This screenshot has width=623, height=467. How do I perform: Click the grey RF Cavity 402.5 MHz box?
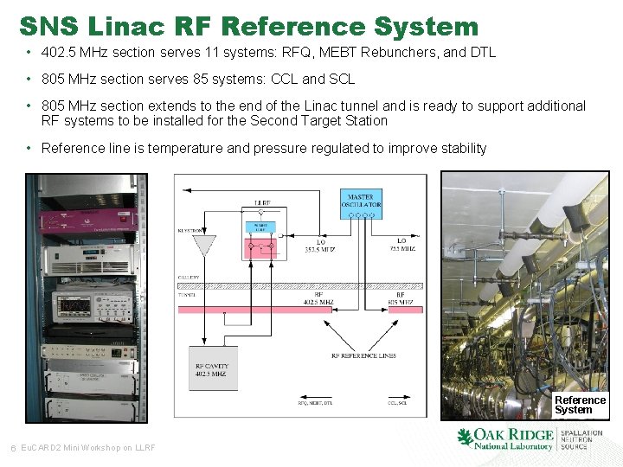213,368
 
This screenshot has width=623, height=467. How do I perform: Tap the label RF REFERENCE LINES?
363,355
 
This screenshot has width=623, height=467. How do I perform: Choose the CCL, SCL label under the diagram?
399,403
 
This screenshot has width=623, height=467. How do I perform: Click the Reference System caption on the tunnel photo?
580,405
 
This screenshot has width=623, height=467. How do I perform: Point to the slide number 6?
11,447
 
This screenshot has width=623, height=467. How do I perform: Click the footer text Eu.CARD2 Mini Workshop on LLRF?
87,447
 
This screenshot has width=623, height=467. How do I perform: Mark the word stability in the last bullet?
462,149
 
